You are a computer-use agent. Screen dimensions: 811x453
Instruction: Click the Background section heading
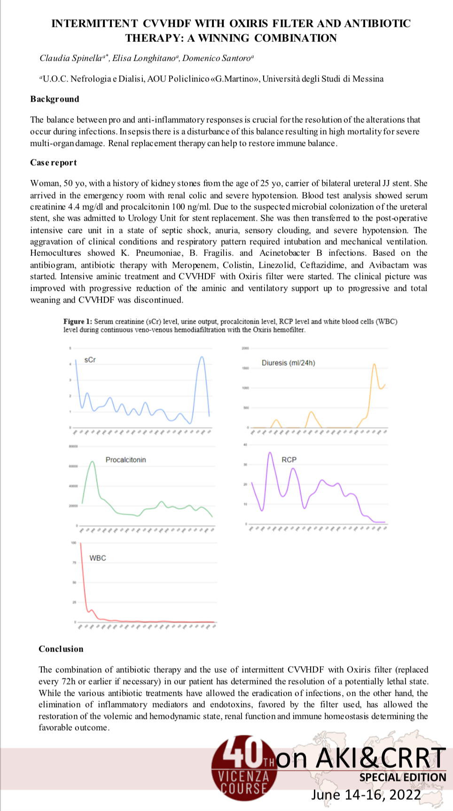click(x=55, y=99)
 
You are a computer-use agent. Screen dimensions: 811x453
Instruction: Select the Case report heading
click(x=54, y=162)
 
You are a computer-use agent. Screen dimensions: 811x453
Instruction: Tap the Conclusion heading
click(x=61, y=649)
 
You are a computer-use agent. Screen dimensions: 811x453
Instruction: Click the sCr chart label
click(x=90, y=360)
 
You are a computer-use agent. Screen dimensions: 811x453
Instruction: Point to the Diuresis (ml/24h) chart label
click(x=288, y=363)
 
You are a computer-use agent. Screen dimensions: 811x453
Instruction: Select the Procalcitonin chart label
click(x=125, y=460)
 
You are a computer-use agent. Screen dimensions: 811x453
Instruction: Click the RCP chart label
click(x=289, y=460)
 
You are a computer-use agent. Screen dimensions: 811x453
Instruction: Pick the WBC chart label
click(x=98, y=558)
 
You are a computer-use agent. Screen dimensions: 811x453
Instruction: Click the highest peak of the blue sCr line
click(x=202, y=357)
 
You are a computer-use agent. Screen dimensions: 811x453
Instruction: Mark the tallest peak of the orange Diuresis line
click(x=374, y=364)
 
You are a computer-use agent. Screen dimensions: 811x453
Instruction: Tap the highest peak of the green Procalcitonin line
click(x=93, y=462)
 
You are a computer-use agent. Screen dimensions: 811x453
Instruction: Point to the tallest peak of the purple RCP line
click(x=270, y=453)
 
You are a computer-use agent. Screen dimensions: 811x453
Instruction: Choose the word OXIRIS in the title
click(x=250, y=24)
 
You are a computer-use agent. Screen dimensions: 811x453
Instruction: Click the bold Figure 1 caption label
click(x=78, y=322)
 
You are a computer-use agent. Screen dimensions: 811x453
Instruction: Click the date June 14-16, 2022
click(x=366, y=795)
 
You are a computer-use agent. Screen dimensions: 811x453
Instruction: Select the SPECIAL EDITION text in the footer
click(x=403, y=777)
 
